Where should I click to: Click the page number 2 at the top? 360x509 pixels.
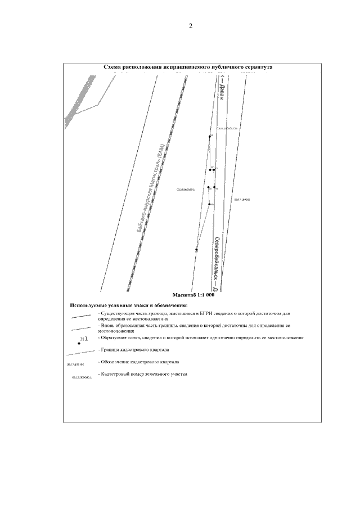tap(191, 26)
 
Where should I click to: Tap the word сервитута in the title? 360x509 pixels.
tap(256, 66)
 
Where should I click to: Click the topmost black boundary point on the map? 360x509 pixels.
tap(210, 136)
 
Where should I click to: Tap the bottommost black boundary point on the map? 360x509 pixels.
tap(196, 249)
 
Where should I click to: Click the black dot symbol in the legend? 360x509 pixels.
tap(79, 343)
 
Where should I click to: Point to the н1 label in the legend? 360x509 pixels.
tap(84, 339)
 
